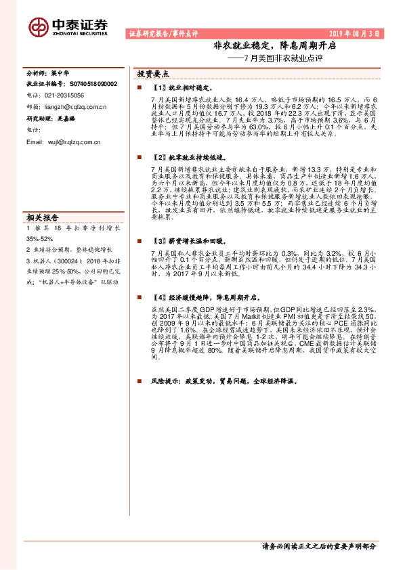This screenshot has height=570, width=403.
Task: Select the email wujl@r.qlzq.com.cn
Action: click(x=62, y=142)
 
